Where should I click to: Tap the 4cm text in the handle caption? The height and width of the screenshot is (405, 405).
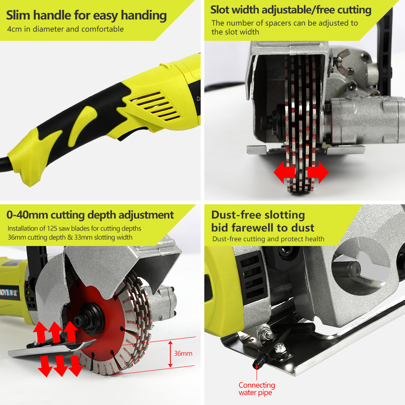[x=15, y=29]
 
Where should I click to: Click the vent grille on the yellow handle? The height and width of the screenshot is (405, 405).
[x=155, y=106]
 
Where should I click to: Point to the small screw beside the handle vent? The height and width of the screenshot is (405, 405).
[x=198, y=98]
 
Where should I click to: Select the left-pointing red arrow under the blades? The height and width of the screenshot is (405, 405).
[x=284, y=172]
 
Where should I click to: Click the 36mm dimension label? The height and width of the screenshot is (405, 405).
[x=183, y=353]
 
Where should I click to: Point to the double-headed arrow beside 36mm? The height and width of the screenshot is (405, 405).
[x=170, y=354]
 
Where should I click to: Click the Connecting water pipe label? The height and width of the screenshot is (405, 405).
[x=257, y=389]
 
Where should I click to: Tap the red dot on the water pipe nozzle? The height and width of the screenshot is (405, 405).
[x=257, y=367]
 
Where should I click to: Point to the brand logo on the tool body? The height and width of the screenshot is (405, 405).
[x=10, y=293]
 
